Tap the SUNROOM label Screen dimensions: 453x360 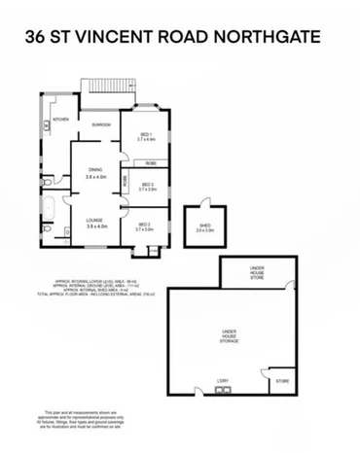(99, 124)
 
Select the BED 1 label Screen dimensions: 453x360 (146, 135)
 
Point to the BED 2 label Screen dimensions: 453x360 (144, 226)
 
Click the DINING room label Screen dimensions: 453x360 (95, 172)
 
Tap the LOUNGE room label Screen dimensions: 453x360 (95, 222)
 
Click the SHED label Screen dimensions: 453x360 (204, 227)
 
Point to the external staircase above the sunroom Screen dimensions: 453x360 (103, 87)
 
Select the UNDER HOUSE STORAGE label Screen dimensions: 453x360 (230, 336)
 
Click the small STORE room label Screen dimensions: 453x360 (283, 382)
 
